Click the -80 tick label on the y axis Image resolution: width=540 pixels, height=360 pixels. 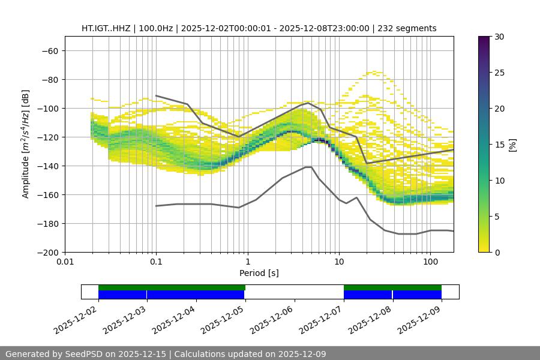click(49, 80)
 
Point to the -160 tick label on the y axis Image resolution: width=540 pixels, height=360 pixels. click(47, 195)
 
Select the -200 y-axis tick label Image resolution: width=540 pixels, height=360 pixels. click(47, 253)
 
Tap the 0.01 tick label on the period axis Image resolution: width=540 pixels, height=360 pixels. click(65, 262)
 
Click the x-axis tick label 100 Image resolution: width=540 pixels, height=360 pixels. click(430, 262)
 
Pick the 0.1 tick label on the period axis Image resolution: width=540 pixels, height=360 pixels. click(156, 262)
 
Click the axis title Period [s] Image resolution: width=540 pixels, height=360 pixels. click(259, 273)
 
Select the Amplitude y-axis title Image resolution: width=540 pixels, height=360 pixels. click(25, 145)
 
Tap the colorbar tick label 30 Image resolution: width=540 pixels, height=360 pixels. click(499, 37)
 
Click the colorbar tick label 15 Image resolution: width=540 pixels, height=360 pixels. click(499, 145)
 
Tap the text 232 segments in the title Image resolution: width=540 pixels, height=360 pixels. click(406, 28)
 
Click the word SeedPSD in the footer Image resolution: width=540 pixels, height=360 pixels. click(85, 354)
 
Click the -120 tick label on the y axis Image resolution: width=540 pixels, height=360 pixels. click(47, 137)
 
